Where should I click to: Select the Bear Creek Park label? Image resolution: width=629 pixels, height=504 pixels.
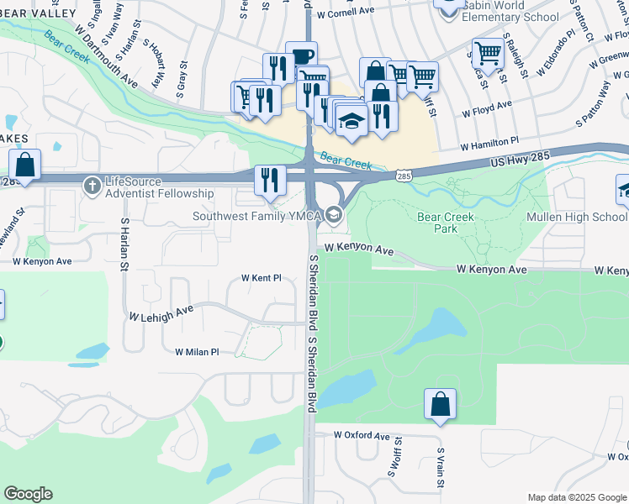click(445, 223)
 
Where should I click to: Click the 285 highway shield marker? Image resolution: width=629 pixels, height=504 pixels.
click(404, 176)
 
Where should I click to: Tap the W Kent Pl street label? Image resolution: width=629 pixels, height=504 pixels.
click(261, 277)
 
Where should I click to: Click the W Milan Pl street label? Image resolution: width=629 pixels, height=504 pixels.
click(197, 352)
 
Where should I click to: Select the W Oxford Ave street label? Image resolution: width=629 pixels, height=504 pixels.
click(362, 436)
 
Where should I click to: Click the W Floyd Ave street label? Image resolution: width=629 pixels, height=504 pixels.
click(486, 110)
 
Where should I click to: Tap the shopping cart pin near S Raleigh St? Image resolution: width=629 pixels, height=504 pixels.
click(488, 53)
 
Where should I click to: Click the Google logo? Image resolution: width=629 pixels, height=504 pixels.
click(27, 494)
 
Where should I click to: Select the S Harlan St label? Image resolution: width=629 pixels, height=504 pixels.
click(124, 246)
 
